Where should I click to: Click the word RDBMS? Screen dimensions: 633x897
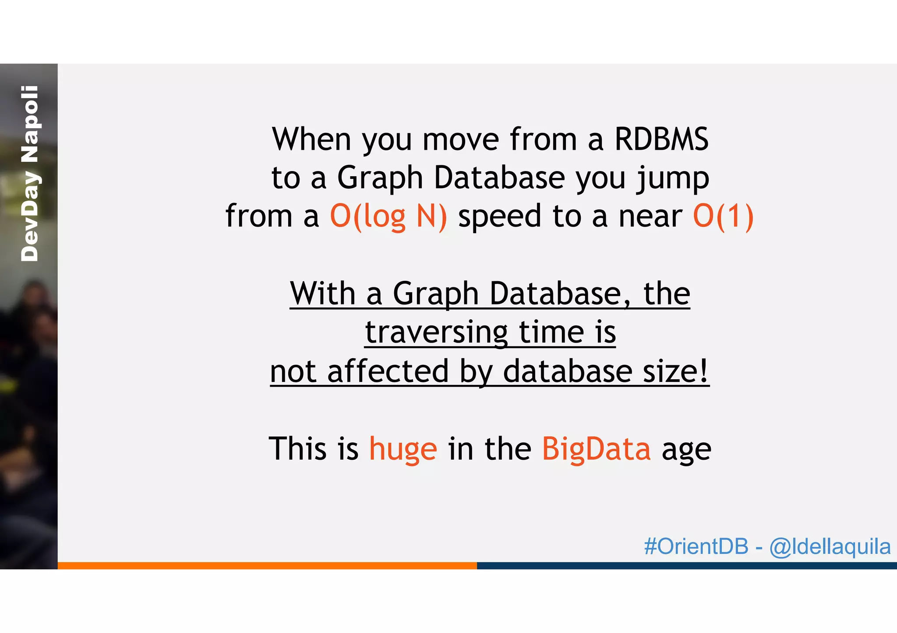pyautogui.click(x=661, y=140)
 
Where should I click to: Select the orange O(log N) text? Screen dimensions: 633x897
pyautogui.click(x=388, y=217)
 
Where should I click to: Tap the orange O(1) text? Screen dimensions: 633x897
pyautogui.click(x=723, y=217)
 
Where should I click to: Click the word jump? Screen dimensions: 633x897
pyautogui.click(x=673, y=178)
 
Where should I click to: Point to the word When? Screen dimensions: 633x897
pyautogui.click(x=311, y=140)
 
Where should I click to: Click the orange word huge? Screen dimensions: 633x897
pyautogui.click(x=403, y=449)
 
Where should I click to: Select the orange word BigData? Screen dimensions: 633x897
pyautogui.click(x=596, y=449)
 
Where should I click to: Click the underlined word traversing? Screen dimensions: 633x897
pyautogui.click(x=436, y=332)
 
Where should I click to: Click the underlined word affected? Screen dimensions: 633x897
pyautogui.click(x=388, y=371)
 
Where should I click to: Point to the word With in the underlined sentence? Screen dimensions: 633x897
pyautogui.click(x=322, y=294)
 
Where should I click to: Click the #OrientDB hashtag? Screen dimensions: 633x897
pyautogui.click(x=696, y=546)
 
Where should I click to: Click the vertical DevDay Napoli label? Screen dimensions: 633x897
pyautogui.click(x=30, y=174)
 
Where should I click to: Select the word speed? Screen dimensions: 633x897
pyautogui.click(x=499, y=217)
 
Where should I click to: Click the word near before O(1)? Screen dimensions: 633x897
pyautogui.click(x=650, y=217)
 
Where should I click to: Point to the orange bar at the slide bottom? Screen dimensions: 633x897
pyautogui.click(x=267, y=566)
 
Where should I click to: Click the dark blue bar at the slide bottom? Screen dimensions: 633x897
pyautogui.click(x=687, y=566)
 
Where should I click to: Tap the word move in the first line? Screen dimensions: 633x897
pyautogui.click(x=460, y=140)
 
